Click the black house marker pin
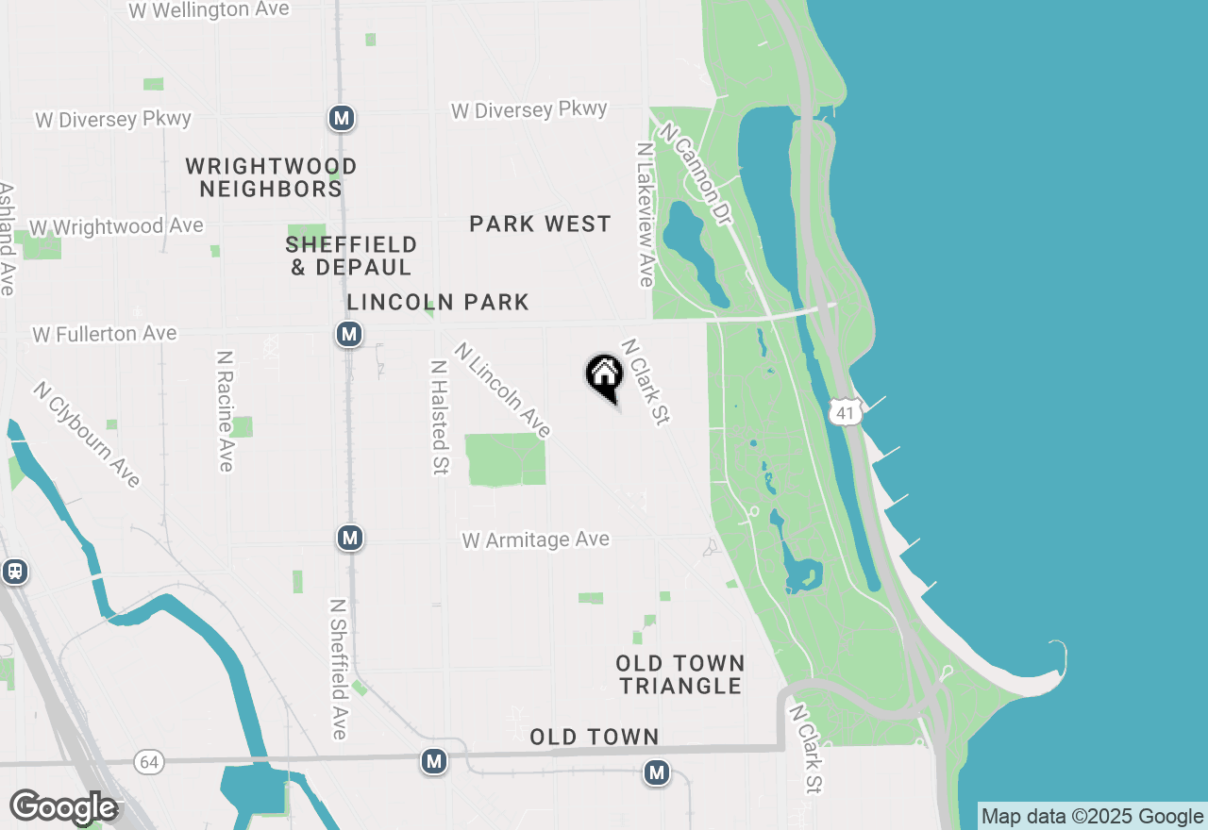point(604,376)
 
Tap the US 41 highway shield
point(846,412)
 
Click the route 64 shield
point(148,762)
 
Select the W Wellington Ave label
point(209,10)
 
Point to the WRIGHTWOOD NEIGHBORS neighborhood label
point(271,178)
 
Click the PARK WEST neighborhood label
point(541,224)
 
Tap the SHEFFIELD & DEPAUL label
point(351,257)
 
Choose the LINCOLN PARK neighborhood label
point(438,303)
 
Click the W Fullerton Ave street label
point(105,334)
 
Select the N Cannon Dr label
point(696,174)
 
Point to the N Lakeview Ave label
point(646,215)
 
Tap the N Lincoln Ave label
point(502,390)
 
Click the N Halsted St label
point(439,416)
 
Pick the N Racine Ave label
point(225,411)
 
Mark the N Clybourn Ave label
point(87,434)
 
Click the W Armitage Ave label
point(535,539)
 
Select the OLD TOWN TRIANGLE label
point(680,674)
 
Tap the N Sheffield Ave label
point(339,669)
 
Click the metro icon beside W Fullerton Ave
point(349,334)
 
